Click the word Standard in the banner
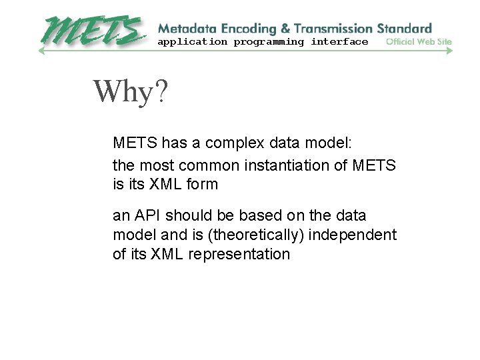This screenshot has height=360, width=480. click(404, 29)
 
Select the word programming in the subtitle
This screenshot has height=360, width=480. click(269, 42)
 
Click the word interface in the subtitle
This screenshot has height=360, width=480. click(339, 42)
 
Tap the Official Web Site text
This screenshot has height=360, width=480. click(419, 42)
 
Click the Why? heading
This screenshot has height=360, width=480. click(131, 92)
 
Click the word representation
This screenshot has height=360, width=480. click(239, 254)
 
